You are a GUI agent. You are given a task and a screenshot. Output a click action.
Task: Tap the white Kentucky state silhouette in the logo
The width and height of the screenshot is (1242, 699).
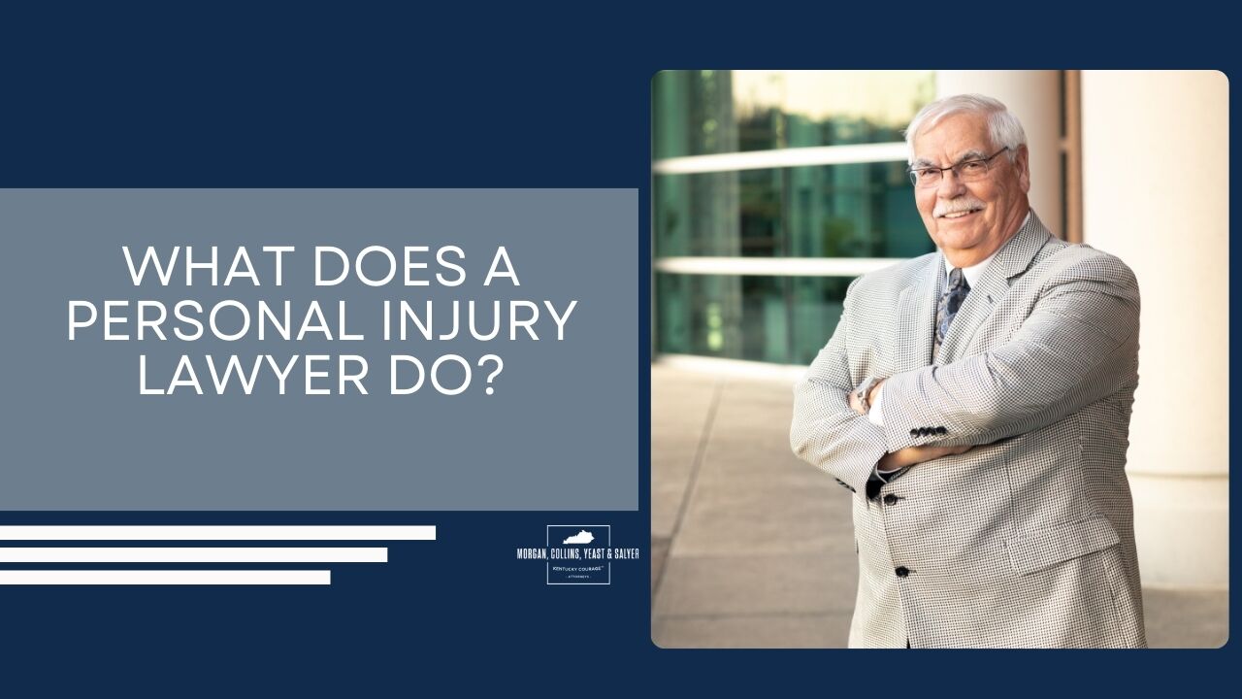pyautogui.click(x=578, y=537)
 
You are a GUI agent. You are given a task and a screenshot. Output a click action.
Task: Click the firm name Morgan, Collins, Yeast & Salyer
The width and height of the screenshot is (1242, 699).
pyautogui.click(x=578, y=552)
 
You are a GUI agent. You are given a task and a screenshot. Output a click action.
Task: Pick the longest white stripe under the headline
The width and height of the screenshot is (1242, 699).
pyautogui.click(x=217, y=533)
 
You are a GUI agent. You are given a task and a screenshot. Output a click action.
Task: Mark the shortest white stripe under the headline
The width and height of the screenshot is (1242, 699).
pyautogui.click(x=165, y=578)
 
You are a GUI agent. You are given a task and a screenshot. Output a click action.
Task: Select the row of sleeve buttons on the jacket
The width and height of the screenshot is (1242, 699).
pyautogui.click(x=929, y=431)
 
